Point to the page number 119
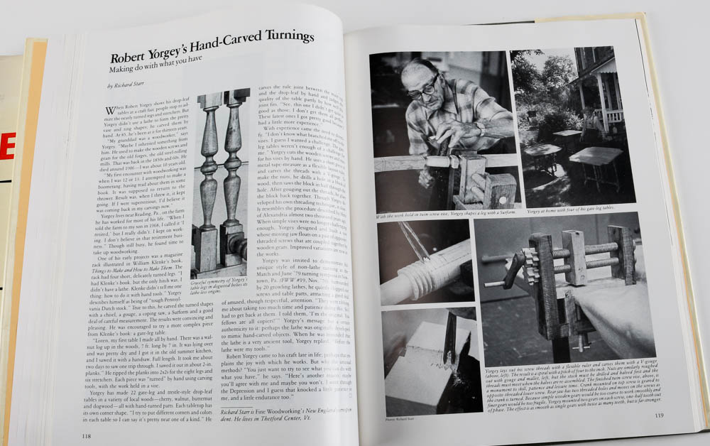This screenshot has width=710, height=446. click(x=659, y=415)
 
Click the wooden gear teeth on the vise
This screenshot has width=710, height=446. click(x=529, y=267)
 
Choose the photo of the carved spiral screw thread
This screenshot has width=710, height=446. click(x=423, y=262)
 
